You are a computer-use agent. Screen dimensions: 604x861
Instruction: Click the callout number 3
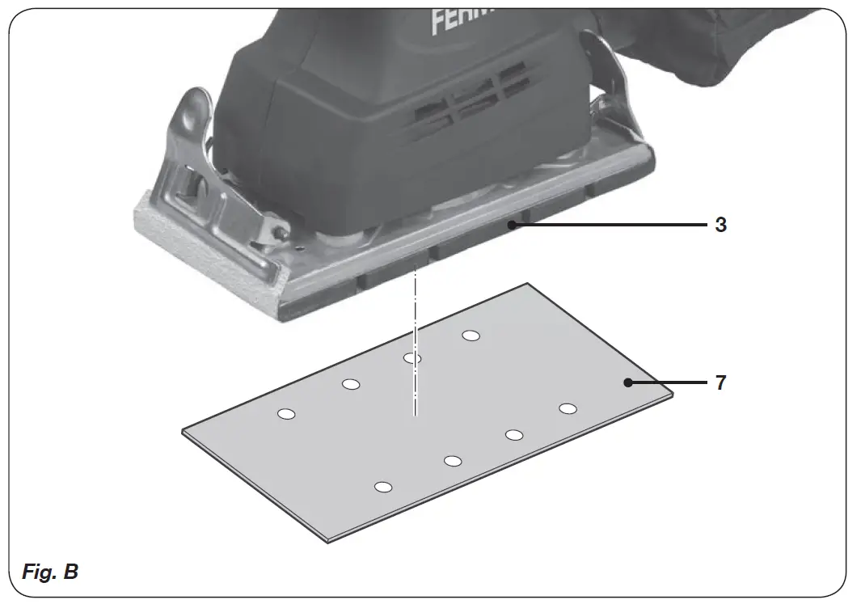[x=720, y=226]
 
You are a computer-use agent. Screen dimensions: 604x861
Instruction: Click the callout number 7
[x=720, y=382]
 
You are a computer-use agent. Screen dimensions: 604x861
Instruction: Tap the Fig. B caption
[x=50, y=572]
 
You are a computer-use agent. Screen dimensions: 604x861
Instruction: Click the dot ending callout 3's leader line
[x=511, y=226]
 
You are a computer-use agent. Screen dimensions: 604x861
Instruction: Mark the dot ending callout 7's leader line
[x=627, y=382]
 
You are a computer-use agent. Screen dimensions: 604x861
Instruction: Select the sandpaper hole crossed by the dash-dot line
[x=412, y=358]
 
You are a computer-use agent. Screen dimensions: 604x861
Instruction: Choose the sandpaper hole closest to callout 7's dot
[x=568, y=408]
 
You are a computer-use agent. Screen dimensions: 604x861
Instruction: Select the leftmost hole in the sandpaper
[x=285, y=414]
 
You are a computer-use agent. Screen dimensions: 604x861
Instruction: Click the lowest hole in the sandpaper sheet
[x=383, y=487]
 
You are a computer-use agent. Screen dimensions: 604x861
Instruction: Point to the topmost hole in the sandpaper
[x=471, y=335]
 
